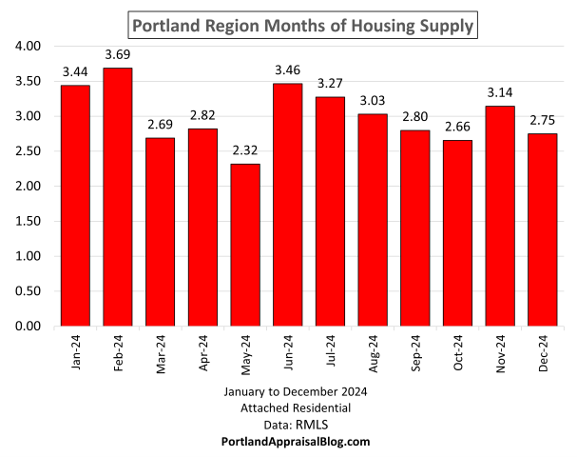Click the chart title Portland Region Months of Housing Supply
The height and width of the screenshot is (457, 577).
click(x=300, y=24)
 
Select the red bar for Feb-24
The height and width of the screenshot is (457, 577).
click(x=119, y=197)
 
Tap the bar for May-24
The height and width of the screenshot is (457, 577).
click(x=245, y=245)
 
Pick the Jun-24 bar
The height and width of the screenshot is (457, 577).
click(x=288, y=205)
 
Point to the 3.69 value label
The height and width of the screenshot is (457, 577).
click(x=119, y=56)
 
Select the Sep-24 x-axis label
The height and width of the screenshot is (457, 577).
click(x=414, y=353)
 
